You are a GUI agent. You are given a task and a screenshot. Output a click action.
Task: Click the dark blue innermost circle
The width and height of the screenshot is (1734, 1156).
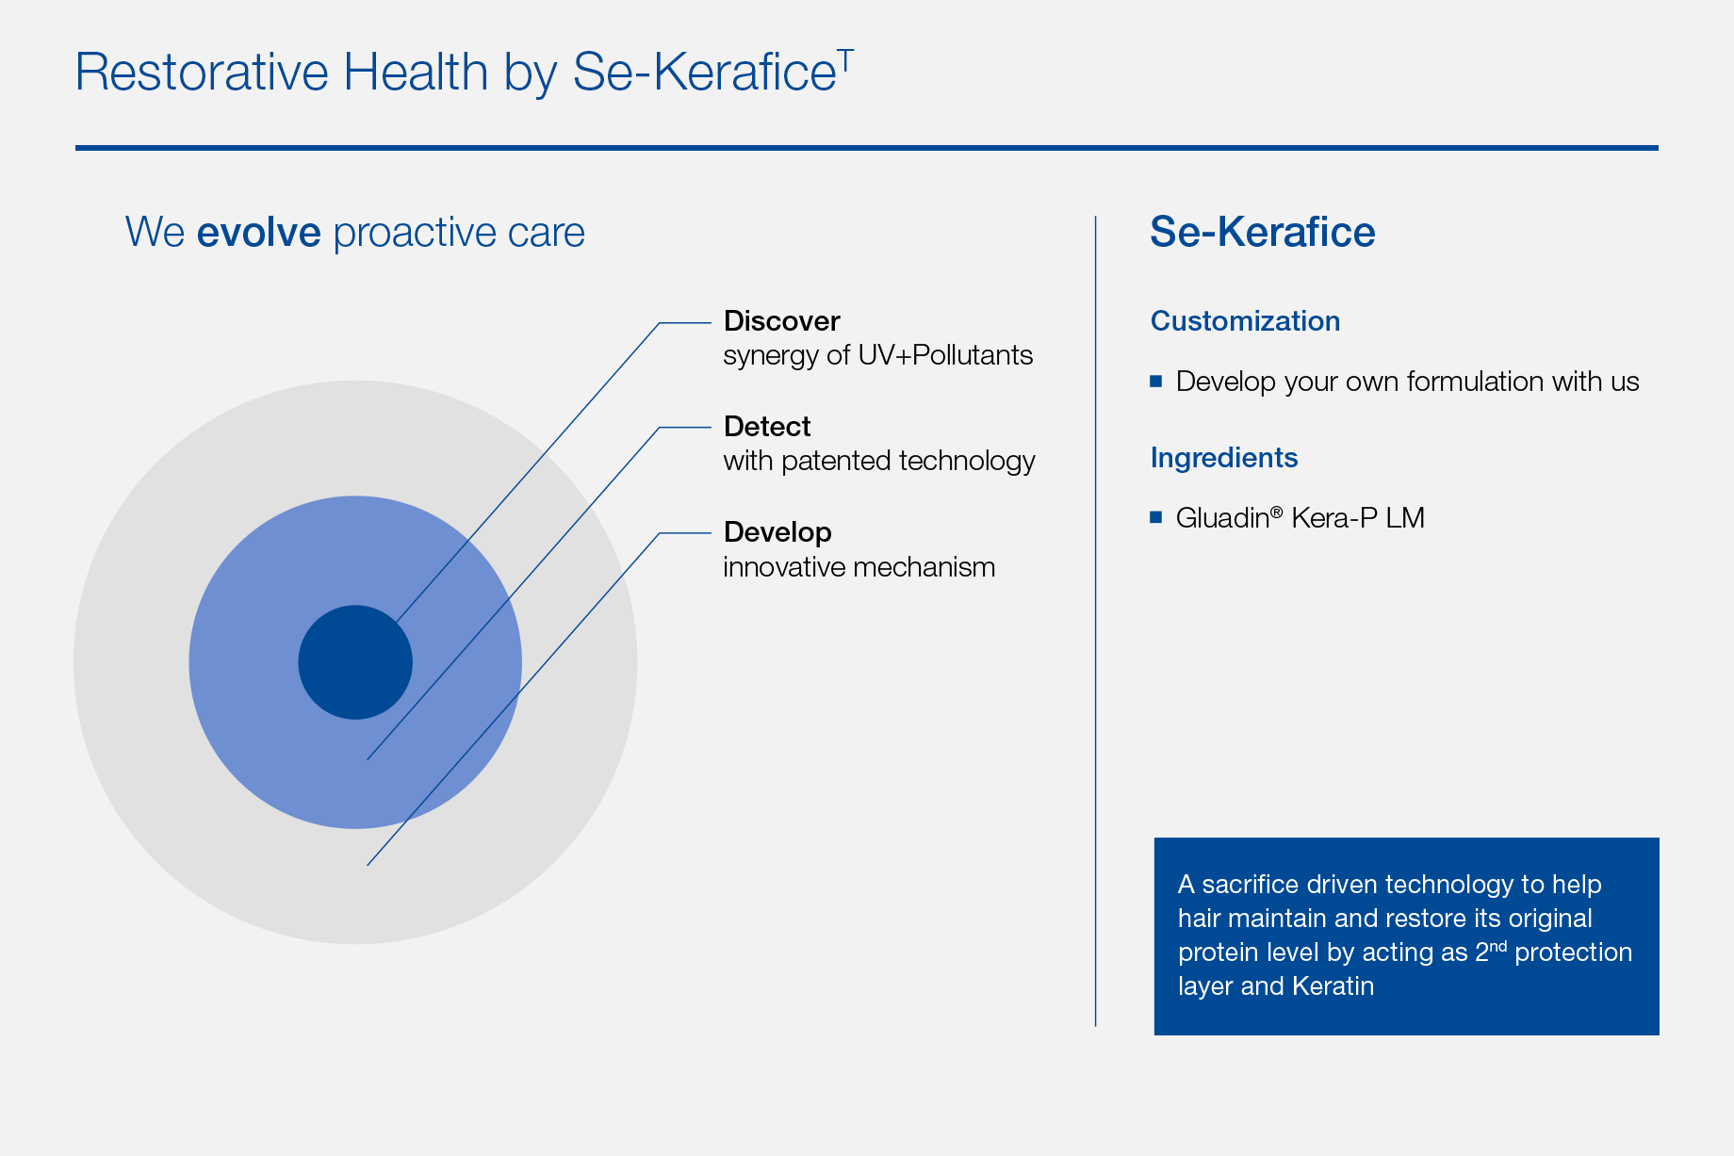click(x=355, y=662)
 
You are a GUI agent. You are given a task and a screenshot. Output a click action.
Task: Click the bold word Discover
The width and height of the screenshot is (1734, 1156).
click(x=781, y=321)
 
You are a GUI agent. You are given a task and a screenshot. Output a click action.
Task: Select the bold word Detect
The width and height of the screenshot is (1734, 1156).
click(x=767, y=427)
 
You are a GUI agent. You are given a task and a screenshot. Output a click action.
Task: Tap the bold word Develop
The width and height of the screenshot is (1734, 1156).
click(x=777, y=533)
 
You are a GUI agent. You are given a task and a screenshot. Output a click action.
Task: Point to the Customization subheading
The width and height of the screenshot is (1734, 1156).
click(x=1245, y=321)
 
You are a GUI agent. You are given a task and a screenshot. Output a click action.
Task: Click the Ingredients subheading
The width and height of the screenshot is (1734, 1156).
click(x=1224, y=459)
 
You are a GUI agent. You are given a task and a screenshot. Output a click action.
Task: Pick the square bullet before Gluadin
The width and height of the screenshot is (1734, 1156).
click(x=1156, y=517)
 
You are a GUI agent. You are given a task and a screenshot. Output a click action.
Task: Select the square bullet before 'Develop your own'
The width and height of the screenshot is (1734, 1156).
click(x=1156, y=382)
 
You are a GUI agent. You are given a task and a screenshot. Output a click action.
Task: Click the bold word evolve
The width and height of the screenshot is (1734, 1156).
click(x=259, y=233)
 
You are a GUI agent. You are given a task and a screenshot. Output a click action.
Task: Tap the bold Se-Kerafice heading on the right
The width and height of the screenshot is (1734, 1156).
click(x=1263, y=232)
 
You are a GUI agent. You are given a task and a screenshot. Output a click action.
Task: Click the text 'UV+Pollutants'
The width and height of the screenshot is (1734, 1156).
click(x=945, y=355)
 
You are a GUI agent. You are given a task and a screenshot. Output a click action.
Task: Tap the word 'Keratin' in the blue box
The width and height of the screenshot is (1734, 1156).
click(x=1333, y=986)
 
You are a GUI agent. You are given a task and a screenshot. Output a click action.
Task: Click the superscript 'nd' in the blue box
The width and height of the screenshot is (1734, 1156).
click(x=1497, y=945)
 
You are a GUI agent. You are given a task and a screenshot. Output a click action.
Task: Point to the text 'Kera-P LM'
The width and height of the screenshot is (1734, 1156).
click(x=1358, y=518)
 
